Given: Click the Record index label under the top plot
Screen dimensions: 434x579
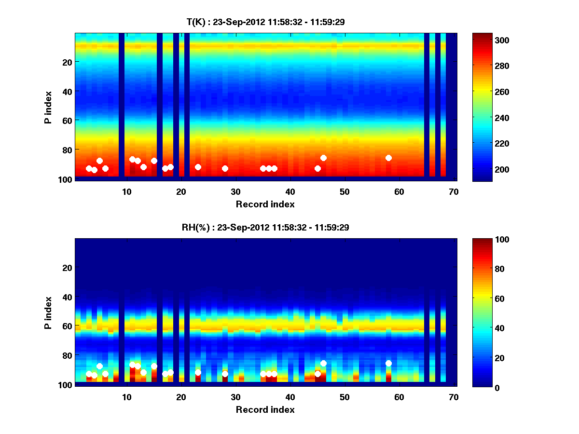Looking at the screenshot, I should point(265,204).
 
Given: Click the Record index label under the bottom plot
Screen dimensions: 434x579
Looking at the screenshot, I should point(265,410).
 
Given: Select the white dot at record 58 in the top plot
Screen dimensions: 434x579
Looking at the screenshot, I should point(388,158).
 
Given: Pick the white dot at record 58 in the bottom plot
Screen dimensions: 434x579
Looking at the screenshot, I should point(388,363).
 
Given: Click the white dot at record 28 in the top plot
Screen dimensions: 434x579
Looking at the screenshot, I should point(225,168).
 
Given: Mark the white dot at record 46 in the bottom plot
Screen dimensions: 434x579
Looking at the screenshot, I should point(323,363).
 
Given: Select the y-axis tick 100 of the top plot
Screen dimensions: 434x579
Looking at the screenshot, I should point(67,179).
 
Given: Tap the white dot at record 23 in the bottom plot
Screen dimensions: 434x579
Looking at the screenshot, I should point(198,372).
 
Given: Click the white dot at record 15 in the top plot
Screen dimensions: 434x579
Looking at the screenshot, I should point(154,161).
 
